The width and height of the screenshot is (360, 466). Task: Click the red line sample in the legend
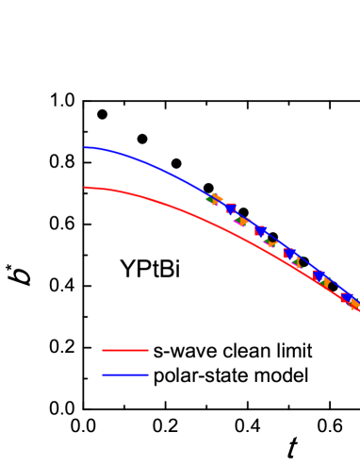pos(124,351)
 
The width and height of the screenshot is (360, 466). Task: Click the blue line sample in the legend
pos(124,375)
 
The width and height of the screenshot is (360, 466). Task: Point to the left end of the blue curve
pos(84,147)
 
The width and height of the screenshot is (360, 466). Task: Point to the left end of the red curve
pos(84,188)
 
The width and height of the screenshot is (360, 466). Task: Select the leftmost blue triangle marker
pos(231,208)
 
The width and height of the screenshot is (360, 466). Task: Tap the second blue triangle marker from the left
pos(261,230)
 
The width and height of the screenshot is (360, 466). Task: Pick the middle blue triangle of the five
pos(290,253)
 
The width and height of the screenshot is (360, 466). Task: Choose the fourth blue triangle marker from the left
pos(319,275)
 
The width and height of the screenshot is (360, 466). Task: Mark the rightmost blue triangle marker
pos(347,297)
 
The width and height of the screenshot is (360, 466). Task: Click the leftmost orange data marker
pos(218,199)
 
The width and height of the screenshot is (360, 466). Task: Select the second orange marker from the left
pos(242,221)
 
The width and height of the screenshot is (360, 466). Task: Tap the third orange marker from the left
pos(270,242)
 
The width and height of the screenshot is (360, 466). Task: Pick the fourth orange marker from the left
pos(297,263)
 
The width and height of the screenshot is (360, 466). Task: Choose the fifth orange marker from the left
pos(325,282)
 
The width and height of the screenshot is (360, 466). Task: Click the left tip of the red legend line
pos(103,351)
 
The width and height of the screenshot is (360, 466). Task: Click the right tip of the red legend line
pos(147,351)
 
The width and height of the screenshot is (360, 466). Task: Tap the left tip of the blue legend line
pos(103,375)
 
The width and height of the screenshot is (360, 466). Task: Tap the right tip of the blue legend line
pos(147,375)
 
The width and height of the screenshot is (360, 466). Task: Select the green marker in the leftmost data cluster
pos(210,200)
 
